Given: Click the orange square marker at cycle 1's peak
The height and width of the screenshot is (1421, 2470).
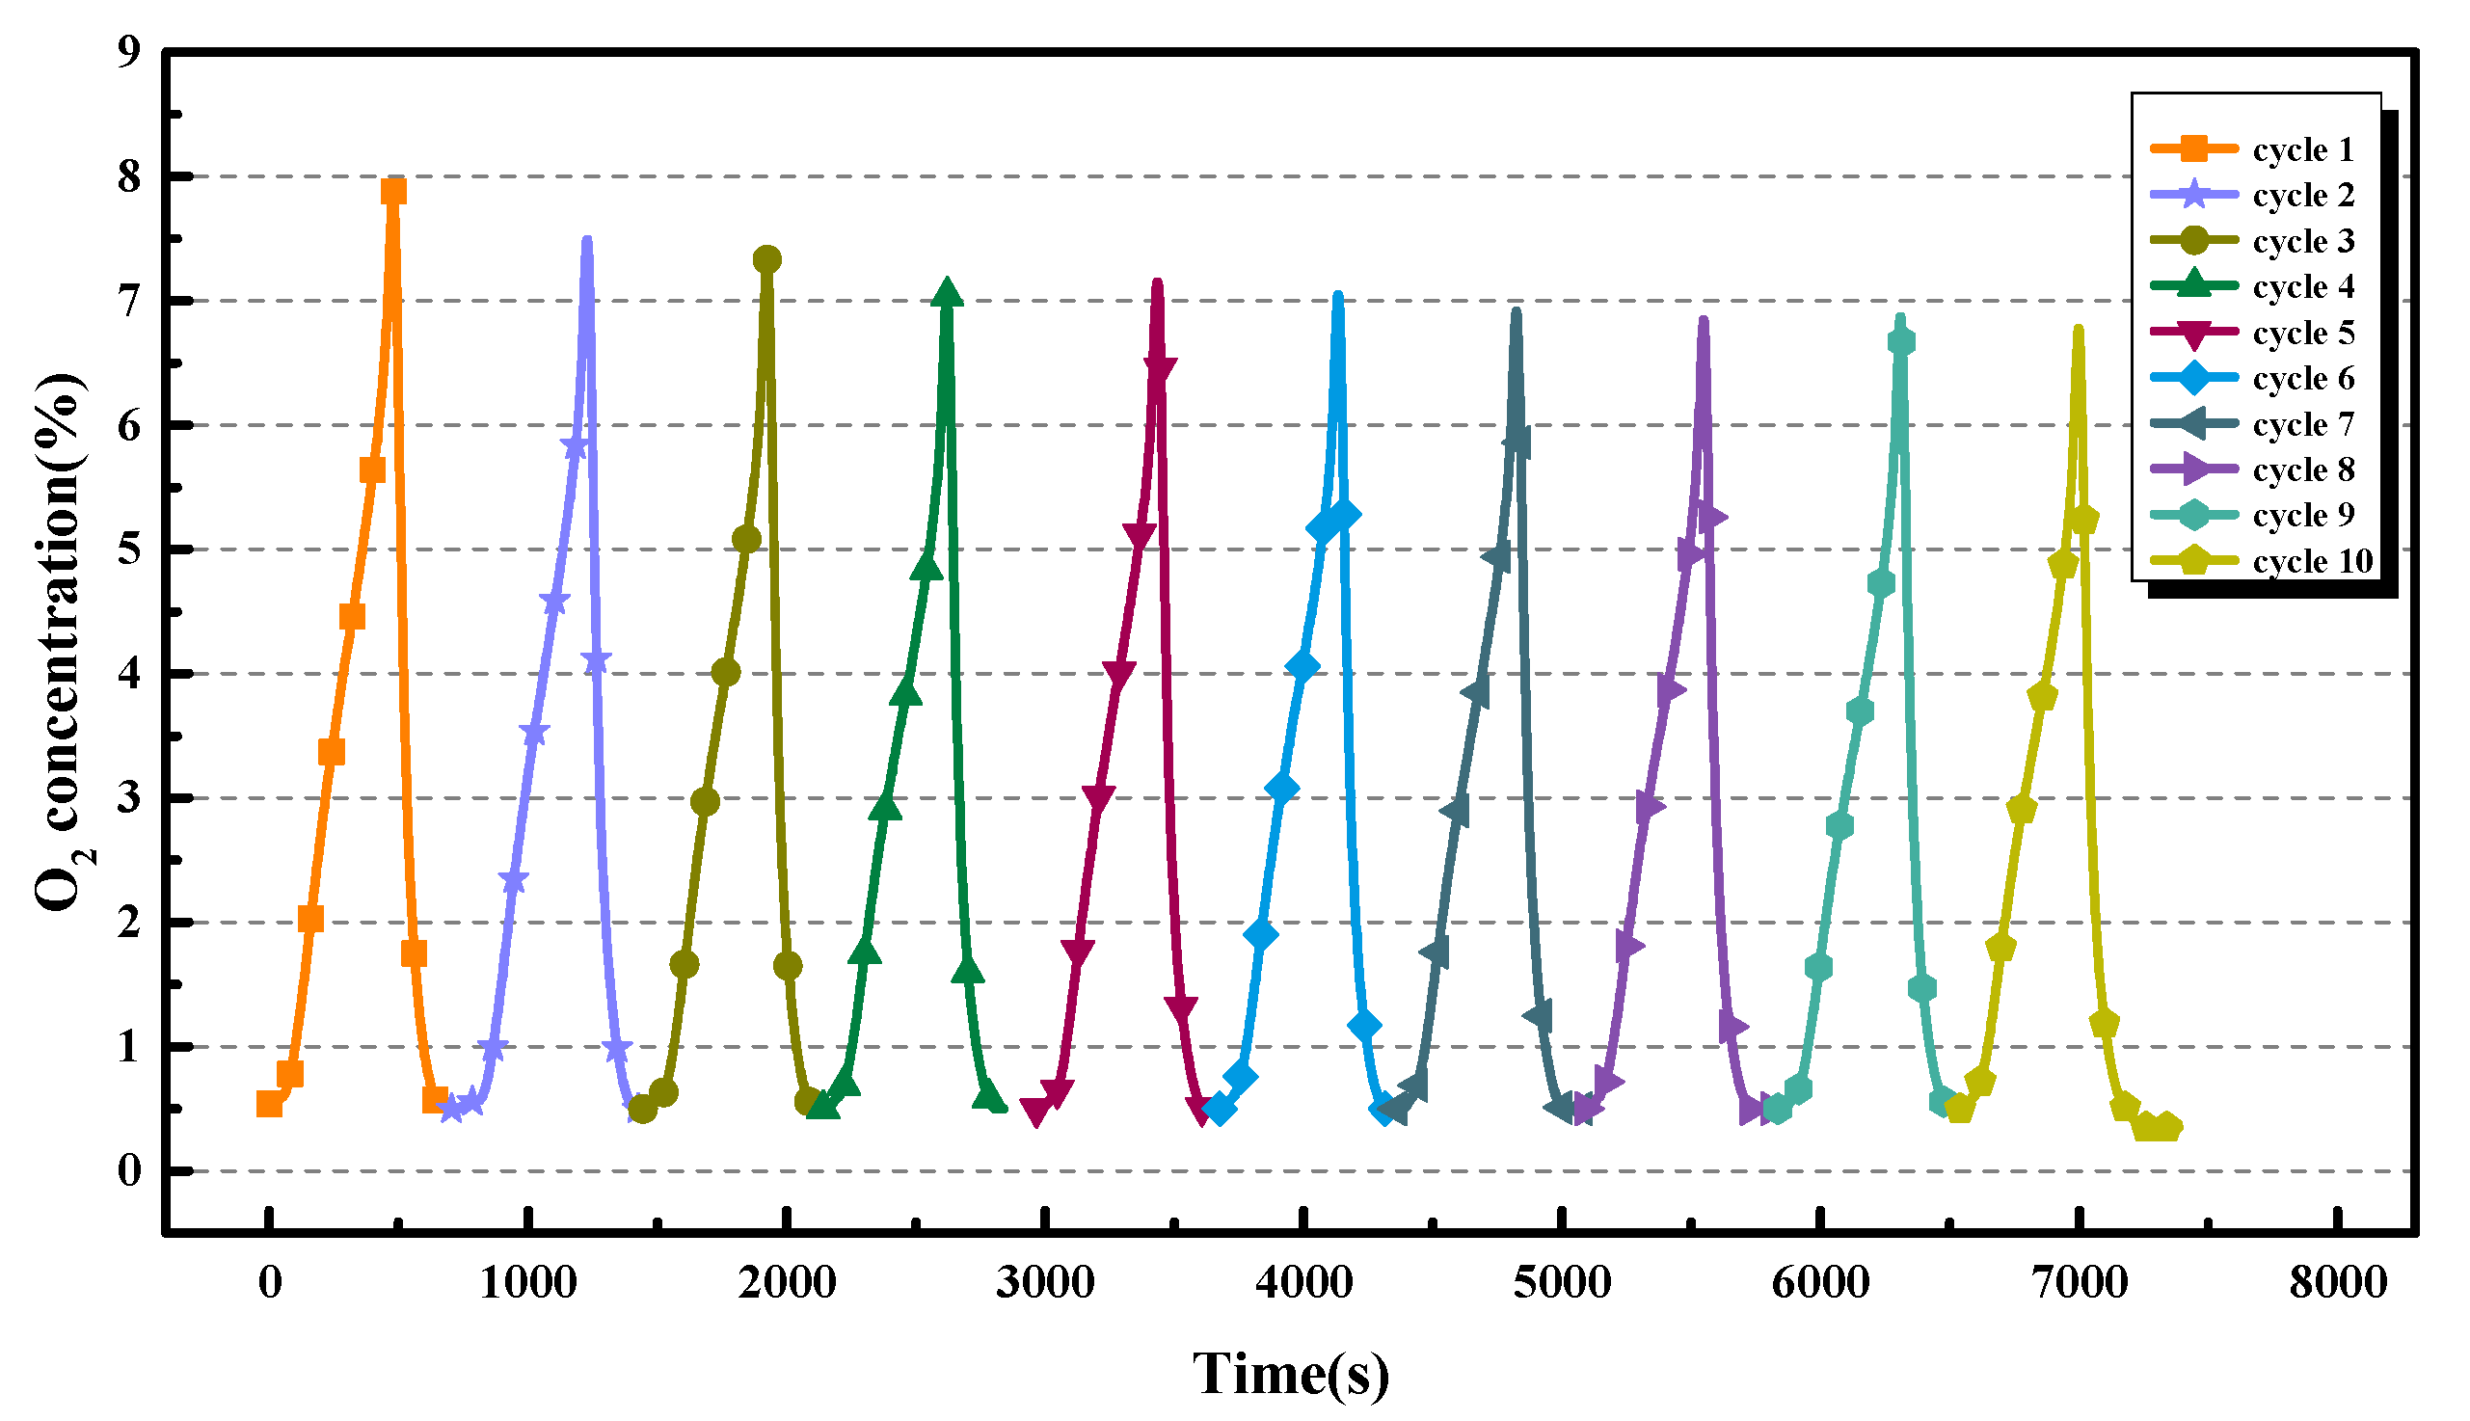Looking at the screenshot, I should tap(393, 191).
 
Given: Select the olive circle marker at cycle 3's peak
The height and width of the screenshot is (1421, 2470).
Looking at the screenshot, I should tap(767, 259).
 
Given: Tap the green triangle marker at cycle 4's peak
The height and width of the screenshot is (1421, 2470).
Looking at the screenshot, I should tap(946, 292).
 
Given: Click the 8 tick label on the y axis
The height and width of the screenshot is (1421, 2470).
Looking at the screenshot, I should tap(129, 176).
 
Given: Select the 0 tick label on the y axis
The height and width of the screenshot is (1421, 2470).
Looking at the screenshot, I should tap(129, 1170).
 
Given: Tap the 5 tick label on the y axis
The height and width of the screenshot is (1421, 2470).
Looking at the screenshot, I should tap(129, 550).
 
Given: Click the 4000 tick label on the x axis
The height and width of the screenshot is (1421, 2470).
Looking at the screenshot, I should tap(1303, 1282).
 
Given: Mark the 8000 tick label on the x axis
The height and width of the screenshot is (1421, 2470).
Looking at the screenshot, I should tap(2338, 1282).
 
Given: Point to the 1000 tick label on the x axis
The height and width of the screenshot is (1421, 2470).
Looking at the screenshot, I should tap(528, 1282).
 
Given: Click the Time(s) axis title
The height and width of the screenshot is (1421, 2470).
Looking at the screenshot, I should tap(1290, 1374).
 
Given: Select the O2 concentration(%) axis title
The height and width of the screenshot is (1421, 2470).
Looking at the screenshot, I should tap(61, 642).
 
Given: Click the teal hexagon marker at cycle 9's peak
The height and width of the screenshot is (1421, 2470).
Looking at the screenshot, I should tap(1901, 341).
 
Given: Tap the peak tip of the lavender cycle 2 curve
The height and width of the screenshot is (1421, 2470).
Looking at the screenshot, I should tap(586, 240).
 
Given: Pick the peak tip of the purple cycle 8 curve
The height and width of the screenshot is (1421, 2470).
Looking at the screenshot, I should tap(1703, 320).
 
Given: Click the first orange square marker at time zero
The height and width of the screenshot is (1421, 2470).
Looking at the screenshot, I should tap(269, 1104).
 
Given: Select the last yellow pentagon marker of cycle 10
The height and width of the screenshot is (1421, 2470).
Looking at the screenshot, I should tap(2166, 1127).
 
